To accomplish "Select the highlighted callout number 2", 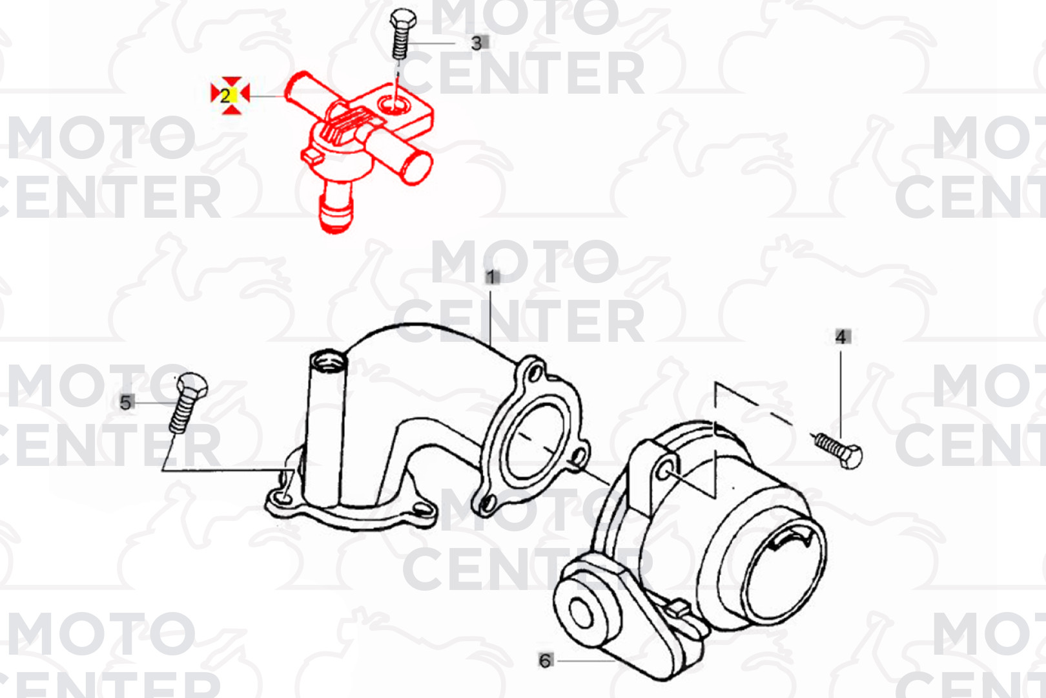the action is (226, 96).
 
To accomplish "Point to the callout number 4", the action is (841, 337).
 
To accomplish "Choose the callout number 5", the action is (126, 402).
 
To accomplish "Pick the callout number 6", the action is (546, 661).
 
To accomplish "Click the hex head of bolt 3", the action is (403, 19).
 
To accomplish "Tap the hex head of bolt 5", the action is (192, 386).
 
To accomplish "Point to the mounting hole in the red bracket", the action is (395, 104).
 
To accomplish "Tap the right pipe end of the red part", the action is (417, 168).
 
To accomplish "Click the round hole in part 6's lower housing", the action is (580, 613).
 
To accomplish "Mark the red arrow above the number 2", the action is (232, 82).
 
